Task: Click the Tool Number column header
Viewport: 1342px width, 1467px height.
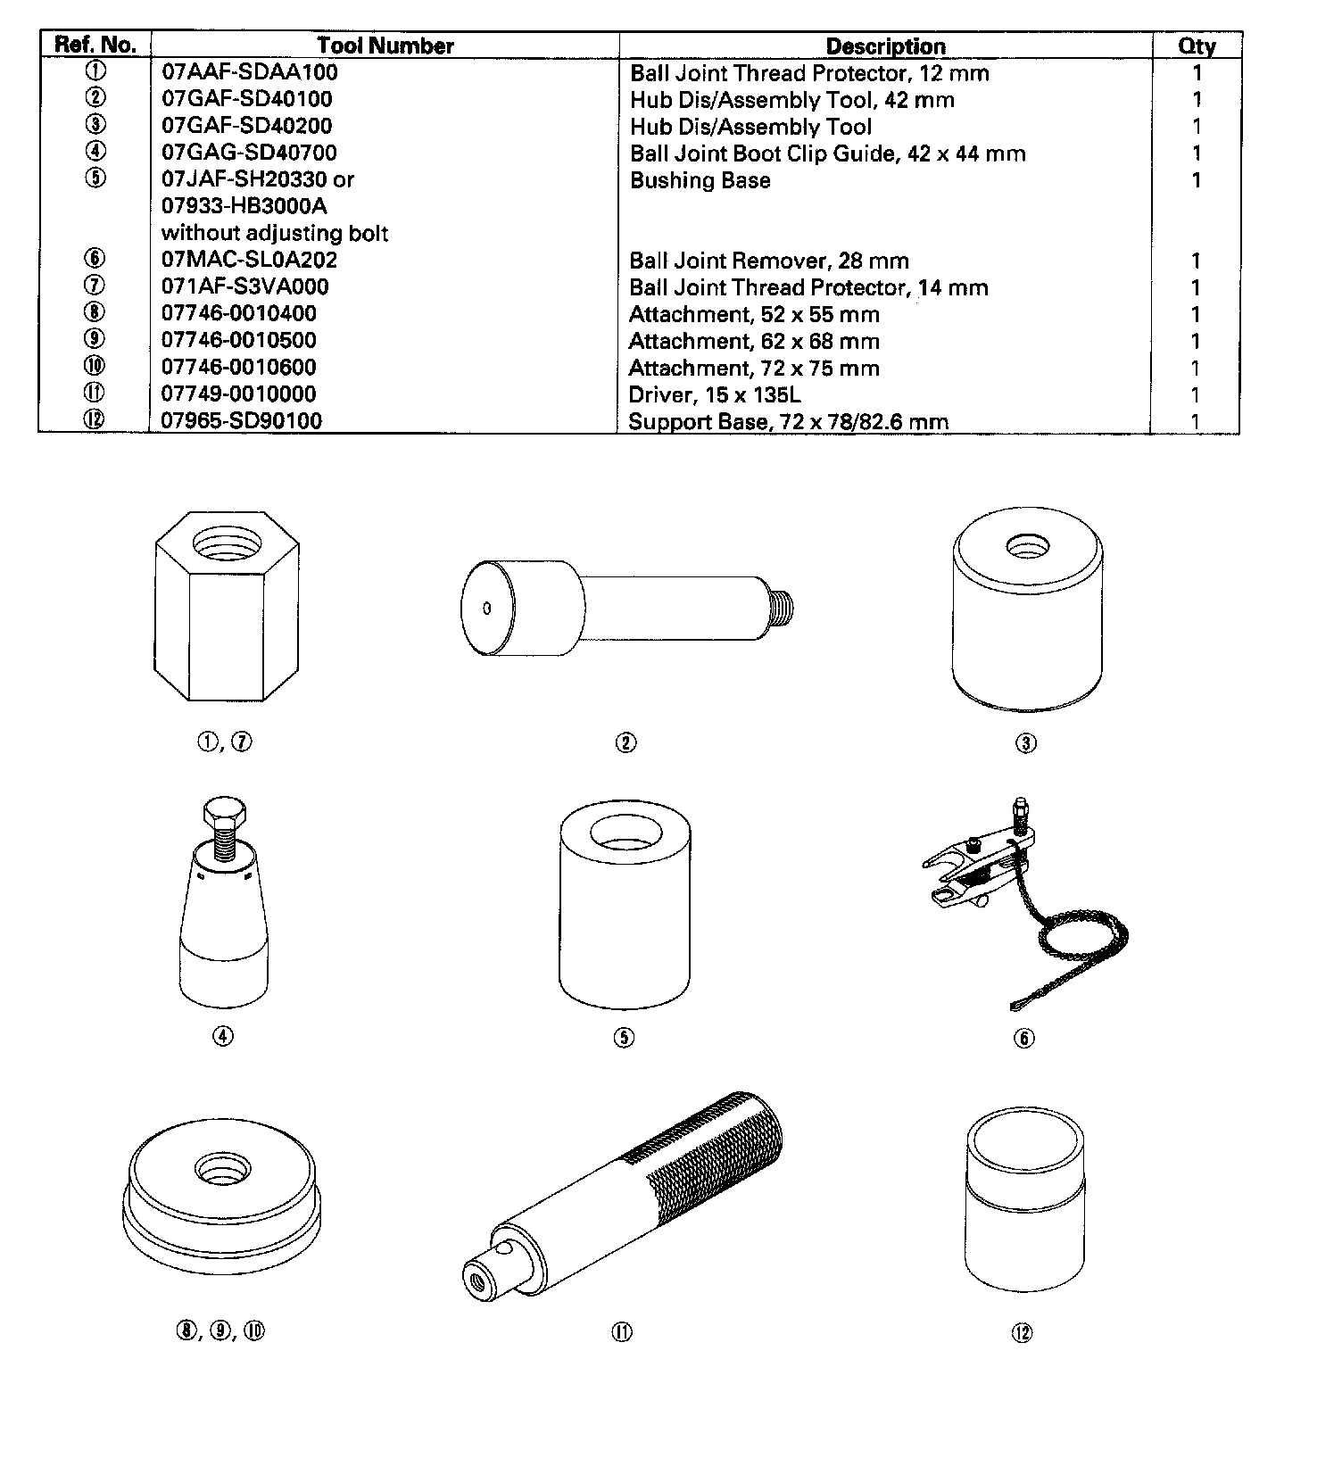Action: click(x=385, y=46)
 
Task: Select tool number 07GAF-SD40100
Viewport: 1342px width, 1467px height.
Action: click(x=247, y=99)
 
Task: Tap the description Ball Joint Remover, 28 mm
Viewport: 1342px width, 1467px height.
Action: click(x=769, y=261)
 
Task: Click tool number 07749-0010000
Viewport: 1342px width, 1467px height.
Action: click(x=238, y=394)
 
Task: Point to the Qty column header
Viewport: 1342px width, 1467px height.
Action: click(x=1197, y=46)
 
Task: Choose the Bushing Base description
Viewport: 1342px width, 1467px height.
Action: click(x=700, y=180)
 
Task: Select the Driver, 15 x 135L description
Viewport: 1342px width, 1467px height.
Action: click(x=715, y=395)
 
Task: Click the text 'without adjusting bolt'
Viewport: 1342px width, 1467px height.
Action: click(x=275, y=234)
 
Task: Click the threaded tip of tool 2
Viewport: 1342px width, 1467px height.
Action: click(x=781, y=609)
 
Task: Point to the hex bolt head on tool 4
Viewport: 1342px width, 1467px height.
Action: click(x=222, y=813)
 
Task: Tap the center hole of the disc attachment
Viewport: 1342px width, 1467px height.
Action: click(x=220, y=1167)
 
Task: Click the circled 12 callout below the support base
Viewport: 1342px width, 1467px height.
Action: click(x=1023, y=1332)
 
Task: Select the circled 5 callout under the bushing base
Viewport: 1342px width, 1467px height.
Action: click(x=624, y=1037)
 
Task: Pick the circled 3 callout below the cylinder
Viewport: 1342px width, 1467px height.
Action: click(x=1026, y=742)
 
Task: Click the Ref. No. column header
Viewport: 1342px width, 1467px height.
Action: click(x=95, y=46)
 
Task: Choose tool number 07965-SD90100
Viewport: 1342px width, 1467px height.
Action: click(x=242, y=421)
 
